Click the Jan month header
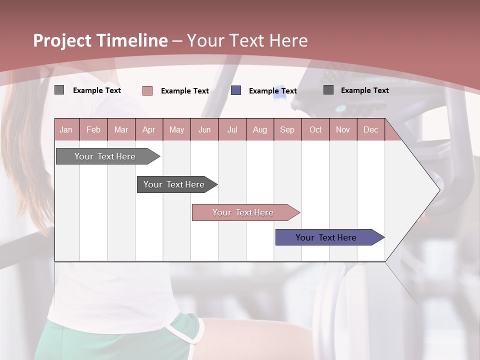[66, 129]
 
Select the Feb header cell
[93, 129]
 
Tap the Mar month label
[121, 129]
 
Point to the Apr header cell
[148, 129]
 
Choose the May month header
[176, 129]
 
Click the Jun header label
[204, 129]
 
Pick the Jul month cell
[232, 129]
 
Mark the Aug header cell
[260, 129]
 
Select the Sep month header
[287, 129]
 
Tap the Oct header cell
[315, 129]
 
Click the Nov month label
[343, 129]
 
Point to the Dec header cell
[370, 129]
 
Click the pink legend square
[147, 90]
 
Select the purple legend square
[236, 90]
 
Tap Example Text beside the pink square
[184, 91]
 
